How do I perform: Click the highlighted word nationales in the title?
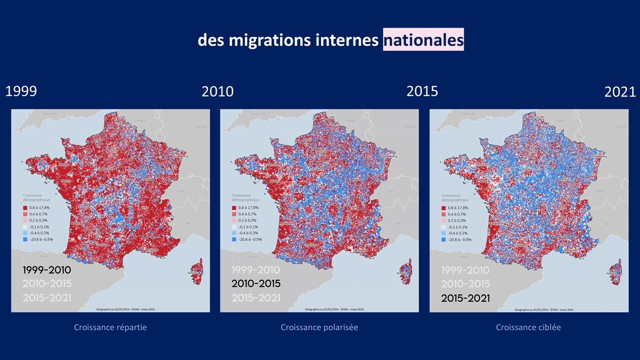tap(423, 40)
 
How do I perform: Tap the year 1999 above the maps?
tap(21, 92)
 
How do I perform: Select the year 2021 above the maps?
tap(620, 92)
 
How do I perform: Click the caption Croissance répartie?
tap(110, 327)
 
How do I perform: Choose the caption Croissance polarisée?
tap(319, 327)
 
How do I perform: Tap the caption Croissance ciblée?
tap(528, 327)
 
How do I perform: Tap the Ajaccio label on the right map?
tap(611, 273)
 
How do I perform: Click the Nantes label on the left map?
tap(67, 181)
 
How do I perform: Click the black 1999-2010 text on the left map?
tap(47, 270)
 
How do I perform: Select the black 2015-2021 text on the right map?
tap(465, 298)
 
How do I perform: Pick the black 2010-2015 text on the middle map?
tap(256, 284)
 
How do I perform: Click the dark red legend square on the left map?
tap(26, 208)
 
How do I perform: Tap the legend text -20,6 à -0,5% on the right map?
tap(457, 239)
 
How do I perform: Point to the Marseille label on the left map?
tap(151, 250)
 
